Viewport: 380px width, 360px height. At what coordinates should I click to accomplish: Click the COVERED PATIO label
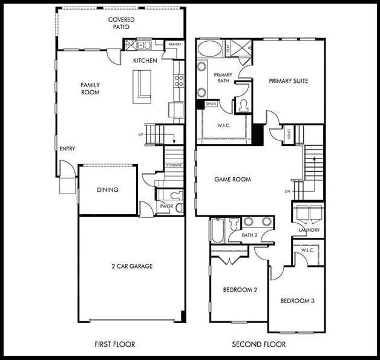click(122, 24)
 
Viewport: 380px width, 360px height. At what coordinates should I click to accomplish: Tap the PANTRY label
click(175, 45)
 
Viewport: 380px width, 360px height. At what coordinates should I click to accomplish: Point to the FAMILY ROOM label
click(90, 88)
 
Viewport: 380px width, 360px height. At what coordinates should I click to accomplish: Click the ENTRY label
click(67, 148)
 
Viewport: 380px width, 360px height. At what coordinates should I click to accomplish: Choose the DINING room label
click(108, 190)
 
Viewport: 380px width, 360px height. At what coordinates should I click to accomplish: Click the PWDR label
click(166, 206)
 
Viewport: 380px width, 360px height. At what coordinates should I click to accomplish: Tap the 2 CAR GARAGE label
click(132, 266)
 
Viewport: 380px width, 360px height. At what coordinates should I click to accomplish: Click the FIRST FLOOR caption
click(115, 344)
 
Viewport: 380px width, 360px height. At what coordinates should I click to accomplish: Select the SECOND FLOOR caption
click(259, 344)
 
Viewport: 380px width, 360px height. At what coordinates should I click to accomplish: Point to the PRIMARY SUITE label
click(289, 81)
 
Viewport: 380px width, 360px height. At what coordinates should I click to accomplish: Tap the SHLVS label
click(211, 104)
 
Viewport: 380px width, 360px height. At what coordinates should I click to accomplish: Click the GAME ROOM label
click(232, 180)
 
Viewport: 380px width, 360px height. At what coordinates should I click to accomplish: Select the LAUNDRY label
click(309, 230)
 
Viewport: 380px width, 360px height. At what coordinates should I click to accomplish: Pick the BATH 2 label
click(250, 235)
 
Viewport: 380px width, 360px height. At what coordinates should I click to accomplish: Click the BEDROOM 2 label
click(240, 290)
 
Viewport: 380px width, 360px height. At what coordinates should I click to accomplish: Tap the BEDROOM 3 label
click(296, 301)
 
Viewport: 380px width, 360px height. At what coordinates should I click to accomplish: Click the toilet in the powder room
click(176, 195)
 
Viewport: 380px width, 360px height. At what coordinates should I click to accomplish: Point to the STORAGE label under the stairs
click(174, 165)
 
